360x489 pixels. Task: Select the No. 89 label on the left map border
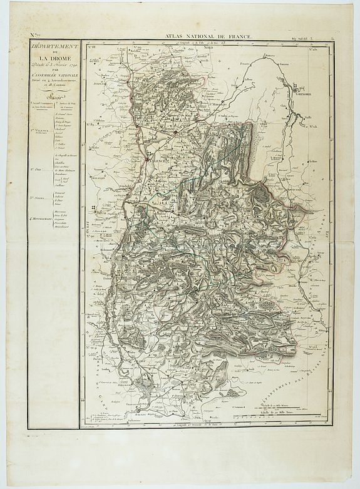coord(92,125)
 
